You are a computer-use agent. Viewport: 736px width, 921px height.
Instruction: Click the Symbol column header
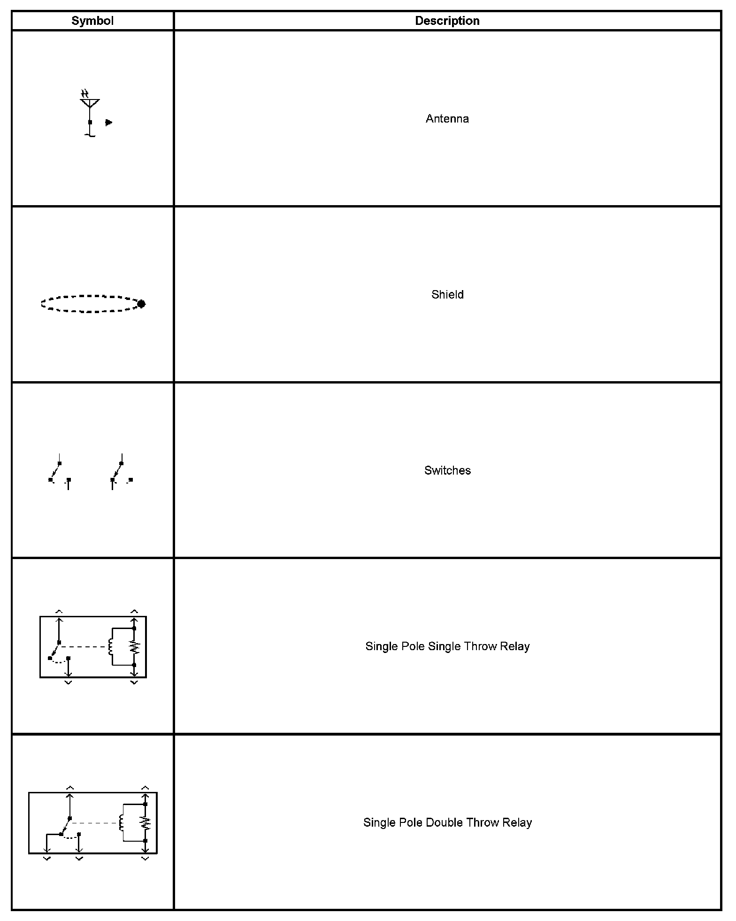click(92, 21)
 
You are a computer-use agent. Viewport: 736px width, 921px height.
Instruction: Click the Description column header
click(447, 21)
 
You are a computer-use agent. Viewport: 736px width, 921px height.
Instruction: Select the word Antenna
click(447, 119)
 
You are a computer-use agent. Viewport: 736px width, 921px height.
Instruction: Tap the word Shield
click(447, 295)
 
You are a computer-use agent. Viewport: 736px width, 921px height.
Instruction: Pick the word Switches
click(447, 470)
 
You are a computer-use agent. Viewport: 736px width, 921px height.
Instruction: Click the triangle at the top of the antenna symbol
click(90, 102)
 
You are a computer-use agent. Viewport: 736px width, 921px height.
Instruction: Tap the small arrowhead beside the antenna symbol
click(109, 123)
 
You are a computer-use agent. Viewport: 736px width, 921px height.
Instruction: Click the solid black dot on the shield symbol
click(141, 304)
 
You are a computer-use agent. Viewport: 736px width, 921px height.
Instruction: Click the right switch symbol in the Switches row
click(121, 472)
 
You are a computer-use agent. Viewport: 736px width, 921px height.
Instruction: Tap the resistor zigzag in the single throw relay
click(134, 647)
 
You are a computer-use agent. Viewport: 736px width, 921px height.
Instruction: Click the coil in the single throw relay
click(111, 647)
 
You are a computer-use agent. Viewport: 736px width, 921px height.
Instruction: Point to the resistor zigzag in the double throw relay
click(146, 822)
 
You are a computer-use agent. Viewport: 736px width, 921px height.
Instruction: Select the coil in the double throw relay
click(122, 822)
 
